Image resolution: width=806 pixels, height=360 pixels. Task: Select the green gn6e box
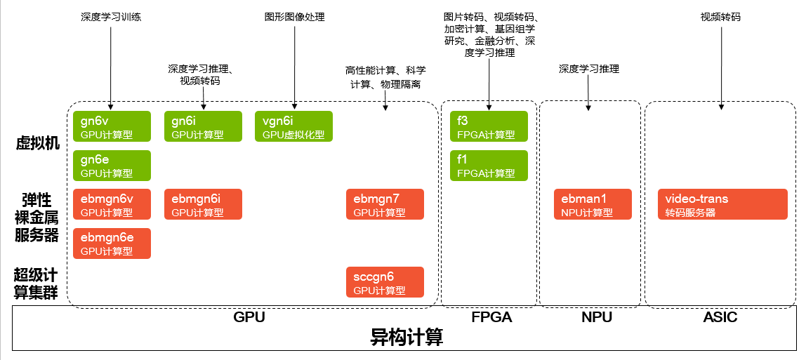point(112,166)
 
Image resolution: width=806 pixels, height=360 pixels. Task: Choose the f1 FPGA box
point(489,166)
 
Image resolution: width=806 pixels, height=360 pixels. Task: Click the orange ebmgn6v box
point(112,205)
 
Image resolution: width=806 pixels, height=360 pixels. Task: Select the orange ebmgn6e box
point(112,244)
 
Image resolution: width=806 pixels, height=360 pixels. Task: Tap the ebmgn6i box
point(203,205)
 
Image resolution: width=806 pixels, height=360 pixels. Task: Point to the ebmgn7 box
point(385,205)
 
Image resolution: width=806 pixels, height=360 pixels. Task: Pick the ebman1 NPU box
point(593,205)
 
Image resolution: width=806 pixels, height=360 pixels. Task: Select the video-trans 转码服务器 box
point(722,205)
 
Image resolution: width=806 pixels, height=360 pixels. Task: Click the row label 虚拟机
point(38,143)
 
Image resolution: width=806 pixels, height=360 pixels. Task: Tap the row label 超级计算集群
point(38,283)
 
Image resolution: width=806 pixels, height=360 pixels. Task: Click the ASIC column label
point(720,317)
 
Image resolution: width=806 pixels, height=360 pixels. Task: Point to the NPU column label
point(597,317)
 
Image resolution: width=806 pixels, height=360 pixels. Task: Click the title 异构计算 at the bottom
point(407,338)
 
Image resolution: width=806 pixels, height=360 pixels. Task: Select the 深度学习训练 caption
point(111,17)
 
